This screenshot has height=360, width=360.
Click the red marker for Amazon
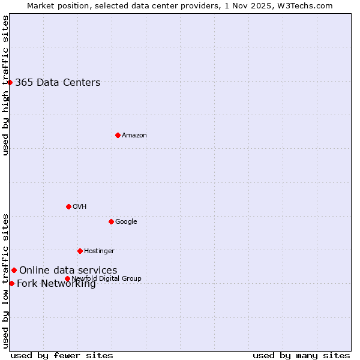click(x=118, y=135)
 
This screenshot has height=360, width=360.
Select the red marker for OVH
click(x=68, y=206)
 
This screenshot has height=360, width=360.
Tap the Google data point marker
click(x=111, y=221)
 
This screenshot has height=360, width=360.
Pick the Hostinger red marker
click(x=80, y=251)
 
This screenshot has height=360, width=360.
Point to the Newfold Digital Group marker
click(x=67, y=278)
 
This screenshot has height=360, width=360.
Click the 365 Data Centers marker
click(x=10, y=82)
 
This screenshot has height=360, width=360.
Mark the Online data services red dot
click(x=14, y=270)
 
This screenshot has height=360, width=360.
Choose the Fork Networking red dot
click(x=11, y=283)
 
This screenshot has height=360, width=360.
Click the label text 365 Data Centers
click(x=58, y=83)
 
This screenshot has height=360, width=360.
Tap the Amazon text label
click(x=134, y=136)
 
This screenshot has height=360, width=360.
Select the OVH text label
click(x=80, y=207)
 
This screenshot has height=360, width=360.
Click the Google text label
click(x=126, y=222)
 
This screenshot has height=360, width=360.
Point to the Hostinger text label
click(x=99, y=251)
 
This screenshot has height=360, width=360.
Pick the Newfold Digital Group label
click(x=106, y=278)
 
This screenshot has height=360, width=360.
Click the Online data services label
click(x=68, y=271)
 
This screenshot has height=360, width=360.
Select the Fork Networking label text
click(x=56, y=284)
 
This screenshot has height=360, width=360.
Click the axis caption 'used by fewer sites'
click(x=62, y=355)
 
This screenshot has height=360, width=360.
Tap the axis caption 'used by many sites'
click(x=301, y=355)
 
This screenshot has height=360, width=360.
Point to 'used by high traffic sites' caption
click(x=5, y=85)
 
